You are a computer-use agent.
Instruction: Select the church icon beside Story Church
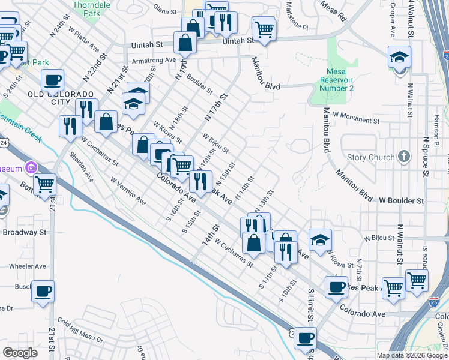404,157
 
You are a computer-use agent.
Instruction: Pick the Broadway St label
24,232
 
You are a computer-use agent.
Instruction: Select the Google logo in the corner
20,353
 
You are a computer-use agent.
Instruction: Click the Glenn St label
165,10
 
